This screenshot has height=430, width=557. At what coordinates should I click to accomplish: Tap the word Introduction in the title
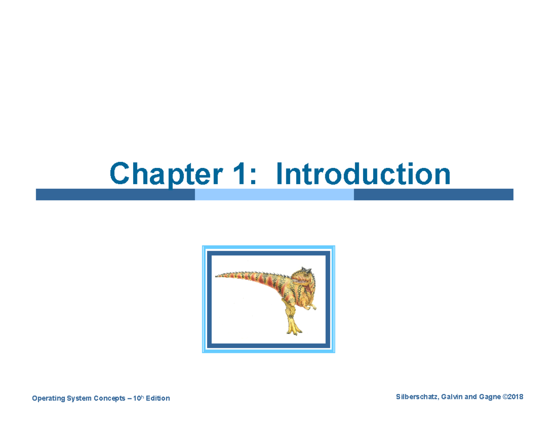pyautogui.click(x=363, y=174)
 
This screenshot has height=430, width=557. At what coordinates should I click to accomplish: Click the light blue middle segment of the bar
pyautogui.click(x=274, y=195)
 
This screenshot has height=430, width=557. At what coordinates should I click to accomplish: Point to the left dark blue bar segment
pyautogui.click(x=115, y=195)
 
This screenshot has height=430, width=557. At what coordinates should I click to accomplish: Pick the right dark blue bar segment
pyautogui.click(x=433, y=195)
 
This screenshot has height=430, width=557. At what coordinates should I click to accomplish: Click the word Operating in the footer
pyautogui.click(x=47, y=398)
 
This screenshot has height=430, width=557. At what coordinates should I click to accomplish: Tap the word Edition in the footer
pyautogui.click(x=158, y=398)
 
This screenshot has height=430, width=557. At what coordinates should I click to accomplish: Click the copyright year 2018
pyautogui.click(x=516, y=397)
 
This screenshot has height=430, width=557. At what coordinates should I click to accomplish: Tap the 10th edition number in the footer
pyautogui.click(x=136, y=398)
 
